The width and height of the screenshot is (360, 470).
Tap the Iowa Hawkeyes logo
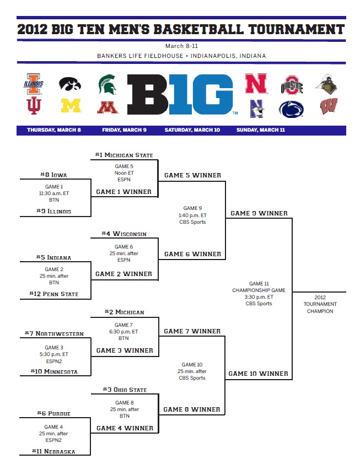point(70,84)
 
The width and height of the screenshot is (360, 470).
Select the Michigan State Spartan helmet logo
point(107,84)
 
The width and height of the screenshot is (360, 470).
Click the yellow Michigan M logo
point(70,106)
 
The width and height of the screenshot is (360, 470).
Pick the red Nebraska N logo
point(256,84)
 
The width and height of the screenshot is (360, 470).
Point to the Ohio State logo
point(292,85)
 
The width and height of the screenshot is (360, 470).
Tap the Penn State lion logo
point(292,108)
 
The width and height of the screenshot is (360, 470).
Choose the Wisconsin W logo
point(330,106)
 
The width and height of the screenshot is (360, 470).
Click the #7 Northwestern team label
point(54,334)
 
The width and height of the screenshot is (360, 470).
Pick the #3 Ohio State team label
point(125,390)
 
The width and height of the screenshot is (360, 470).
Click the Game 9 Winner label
point(259,213)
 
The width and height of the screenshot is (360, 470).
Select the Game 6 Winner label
point(192,255)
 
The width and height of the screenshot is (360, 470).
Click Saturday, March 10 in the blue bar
point(192,130)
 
